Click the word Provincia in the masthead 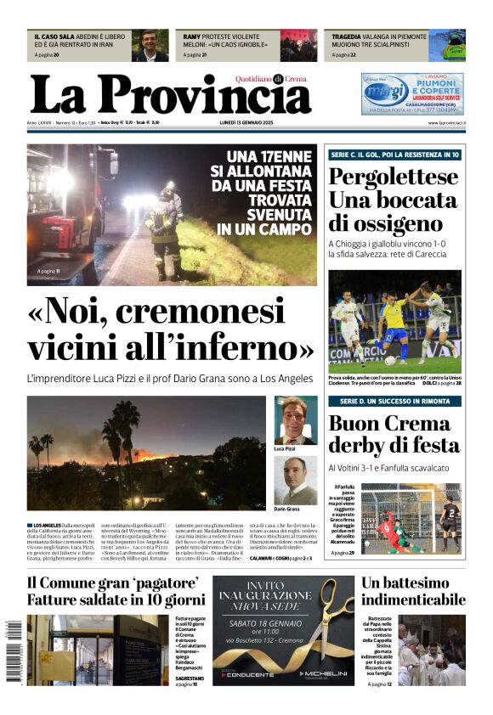point(212,96)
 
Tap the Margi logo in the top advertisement point(387,89)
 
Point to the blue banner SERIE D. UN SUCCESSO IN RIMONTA point(395,401)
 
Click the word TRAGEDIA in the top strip point(348,37)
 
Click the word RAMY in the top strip point(192,37)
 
